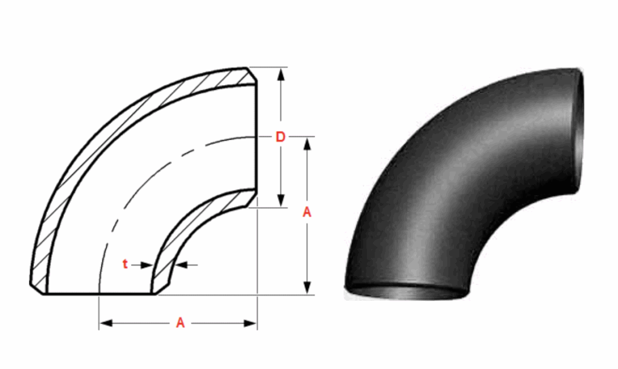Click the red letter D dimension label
pos(280,138)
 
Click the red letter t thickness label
pos(125,264)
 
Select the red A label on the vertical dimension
pos(307,212)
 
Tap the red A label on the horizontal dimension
pos(180,324)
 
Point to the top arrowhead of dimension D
pos(280,74)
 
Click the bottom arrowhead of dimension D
pos(280,202)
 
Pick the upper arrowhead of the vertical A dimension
pos(307,144)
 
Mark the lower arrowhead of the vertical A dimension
pos(307,289)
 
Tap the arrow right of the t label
pos(144,264)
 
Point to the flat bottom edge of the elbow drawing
pos(100,295)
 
